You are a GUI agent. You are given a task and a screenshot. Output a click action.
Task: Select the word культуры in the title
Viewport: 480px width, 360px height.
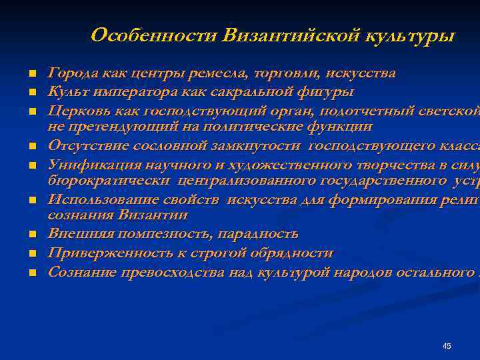[x=409, y=35]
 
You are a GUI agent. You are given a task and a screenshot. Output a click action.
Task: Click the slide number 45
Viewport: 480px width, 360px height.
[x=447, y=346]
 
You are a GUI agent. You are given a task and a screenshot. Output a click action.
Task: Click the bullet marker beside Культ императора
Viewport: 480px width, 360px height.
[x=31, y=92]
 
